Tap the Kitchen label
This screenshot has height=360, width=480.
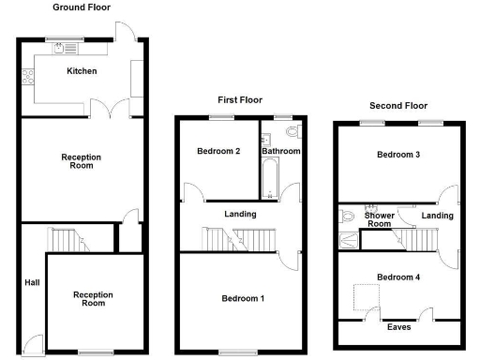pos(81,71)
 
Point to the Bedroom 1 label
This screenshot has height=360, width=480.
pos(242,298)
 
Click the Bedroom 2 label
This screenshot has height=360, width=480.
pos(218,151)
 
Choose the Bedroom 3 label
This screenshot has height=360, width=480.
pos(398,155)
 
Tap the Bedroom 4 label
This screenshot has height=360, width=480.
pos(398,277)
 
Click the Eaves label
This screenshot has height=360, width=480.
pos(398,327)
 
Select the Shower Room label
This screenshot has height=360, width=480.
pos(378,219)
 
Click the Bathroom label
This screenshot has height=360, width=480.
pos(280,151)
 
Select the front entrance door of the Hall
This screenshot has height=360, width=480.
pos(33,343)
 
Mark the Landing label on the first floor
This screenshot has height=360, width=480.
pos(240,215)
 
